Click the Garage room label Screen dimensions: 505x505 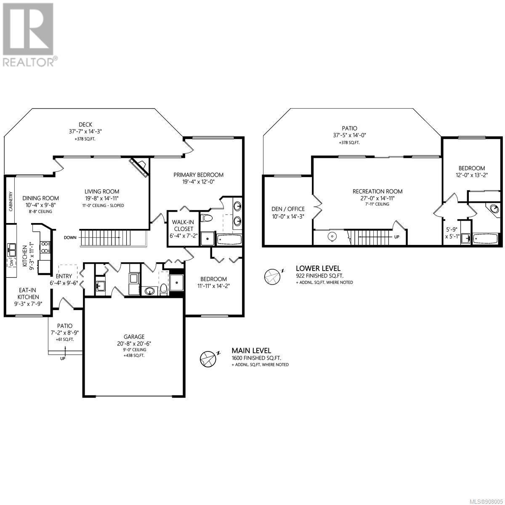click(134, 337)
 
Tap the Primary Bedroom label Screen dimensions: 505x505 click(198, 175)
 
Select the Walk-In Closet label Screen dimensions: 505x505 click(183, 226)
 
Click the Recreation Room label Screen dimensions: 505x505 click(377, 191)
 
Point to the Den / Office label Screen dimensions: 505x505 click(288, 209)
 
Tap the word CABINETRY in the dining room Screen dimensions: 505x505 click(11, 201)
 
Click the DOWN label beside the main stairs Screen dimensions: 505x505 click(70, 238)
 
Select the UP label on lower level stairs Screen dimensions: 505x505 click(397, 237)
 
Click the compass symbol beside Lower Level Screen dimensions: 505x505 click(272, 277)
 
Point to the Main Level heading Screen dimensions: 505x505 click(251, 351)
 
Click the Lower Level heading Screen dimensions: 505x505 click(318, 268)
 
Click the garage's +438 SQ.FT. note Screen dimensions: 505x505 click(134, 356)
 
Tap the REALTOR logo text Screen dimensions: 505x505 click(28, 62)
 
